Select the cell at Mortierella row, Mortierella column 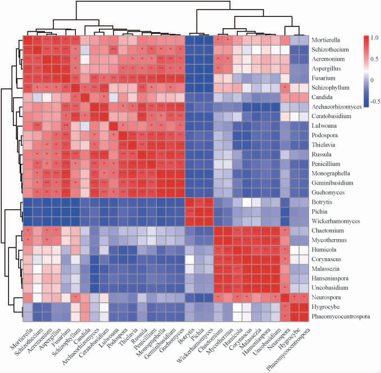[28, 40]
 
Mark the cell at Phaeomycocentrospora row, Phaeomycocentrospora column [305, 316]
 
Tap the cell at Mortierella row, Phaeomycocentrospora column [305, 40]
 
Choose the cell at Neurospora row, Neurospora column [285, 297]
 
